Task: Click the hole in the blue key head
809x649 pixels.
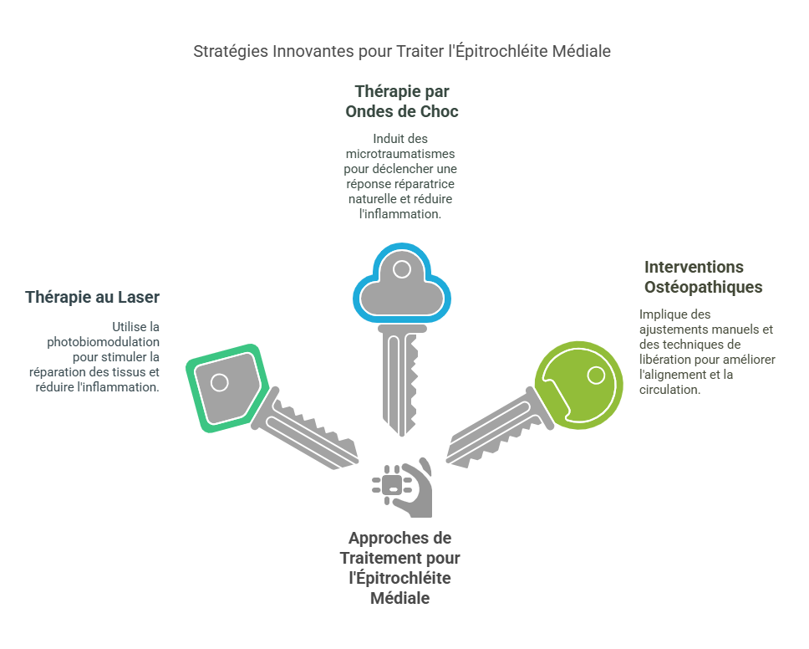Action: [x=402, y=269]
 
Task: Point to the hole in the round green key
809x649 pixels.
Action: [x=597, y=376]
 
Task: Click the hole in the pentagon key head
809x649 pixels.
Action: [x=220, y=382]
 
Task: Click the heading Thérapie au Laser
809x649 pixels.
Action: [x=93, y=298]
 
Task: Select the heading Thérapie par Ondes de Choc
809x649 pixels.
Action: [x=402, y=101]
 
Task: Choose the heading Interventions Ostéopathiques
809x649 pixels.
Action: [x=703, y=277]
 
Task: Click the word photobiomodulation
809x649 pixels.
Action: [x=103, y=342]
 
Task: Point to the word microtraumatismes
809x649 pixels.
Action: [x=400, y=154]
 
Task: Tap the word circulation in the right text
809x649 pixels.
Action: [x=669, y=390]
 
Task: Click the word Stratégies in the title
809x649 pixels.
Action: [x=231, y=52]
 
